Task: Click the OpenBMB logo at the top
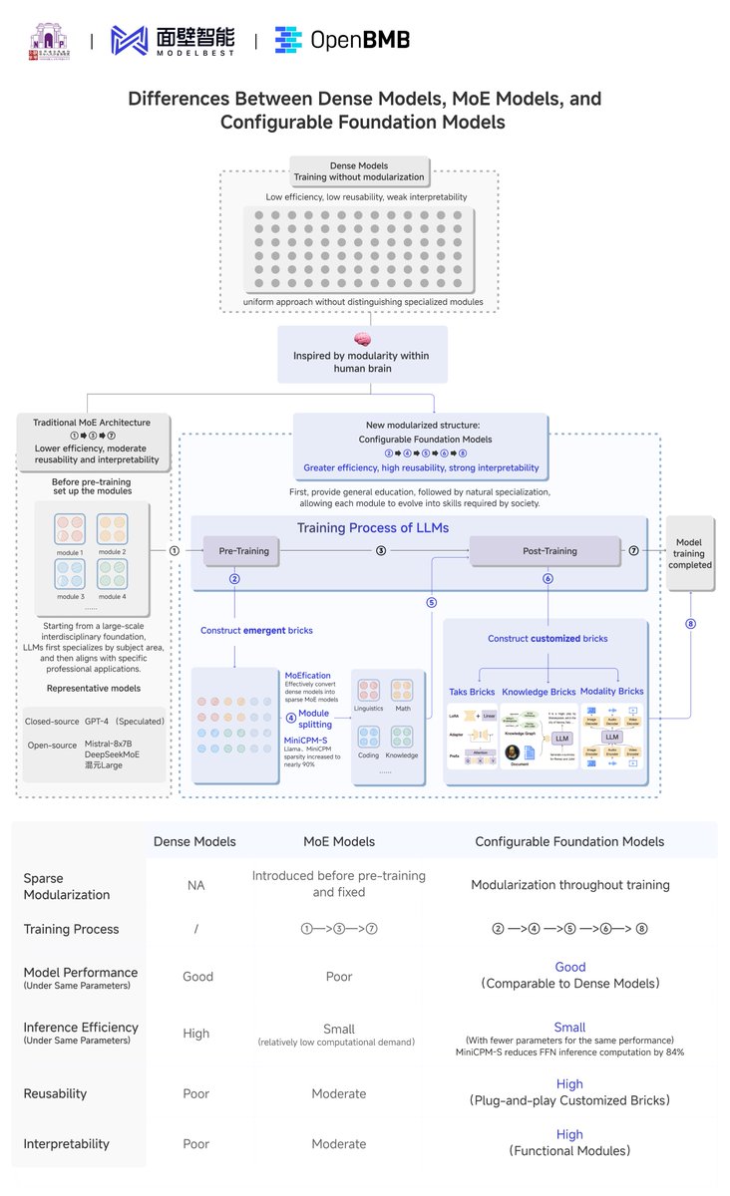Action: [x=341, y=40]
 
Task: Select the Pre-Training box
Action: [x=242, y=550]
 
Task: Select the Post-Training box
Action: [x=549, y=550]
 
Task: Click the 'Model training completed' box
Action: [x=690, y=554]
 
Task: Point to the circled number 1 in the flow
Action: [x=175, y=550]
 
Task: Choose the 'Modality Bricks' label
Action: [x=612, y=691]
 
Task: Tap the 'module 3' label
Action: [x=70, y=596]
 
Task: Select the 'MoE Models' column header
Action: [x=339, y=841]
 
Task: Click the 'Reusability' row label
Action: [x=57, y=1093]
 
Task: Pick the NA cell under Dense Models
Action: [x=195, y=884]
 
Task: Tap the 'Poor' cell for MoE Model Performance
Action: [x=339, y=977]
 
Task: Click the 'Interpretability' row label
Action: [x=66, y=1143]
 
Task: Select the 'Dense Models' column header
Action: [x=194, y=841]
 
